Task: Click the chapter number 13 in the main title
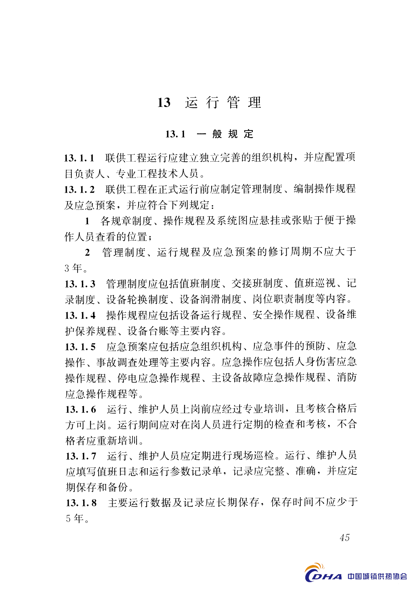coord(164,103)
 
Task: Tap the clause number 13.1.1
coord(79,158)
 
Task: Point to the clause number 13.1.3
coord(80,284)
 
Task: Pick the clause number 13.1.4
coord(80,316)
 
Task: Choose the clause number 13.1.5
coord(80,347)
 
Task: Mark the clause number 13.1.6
coord(81,410)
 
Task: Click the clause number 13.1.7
coord(81,456)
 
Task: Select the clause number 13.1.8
coord(81,503)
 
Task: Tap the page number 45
coord(345,537)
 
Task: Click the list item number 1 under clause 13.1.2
coord(87,221)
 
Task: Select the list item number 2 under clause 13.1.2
coord(87,252)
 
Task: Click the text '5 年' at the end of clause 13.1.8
coord(74,518)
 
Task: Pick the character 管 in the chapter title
coord(233,103)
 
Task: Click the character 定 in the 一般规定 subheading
coord(249,134)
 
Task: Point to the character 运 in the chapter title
coord(191,103)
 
